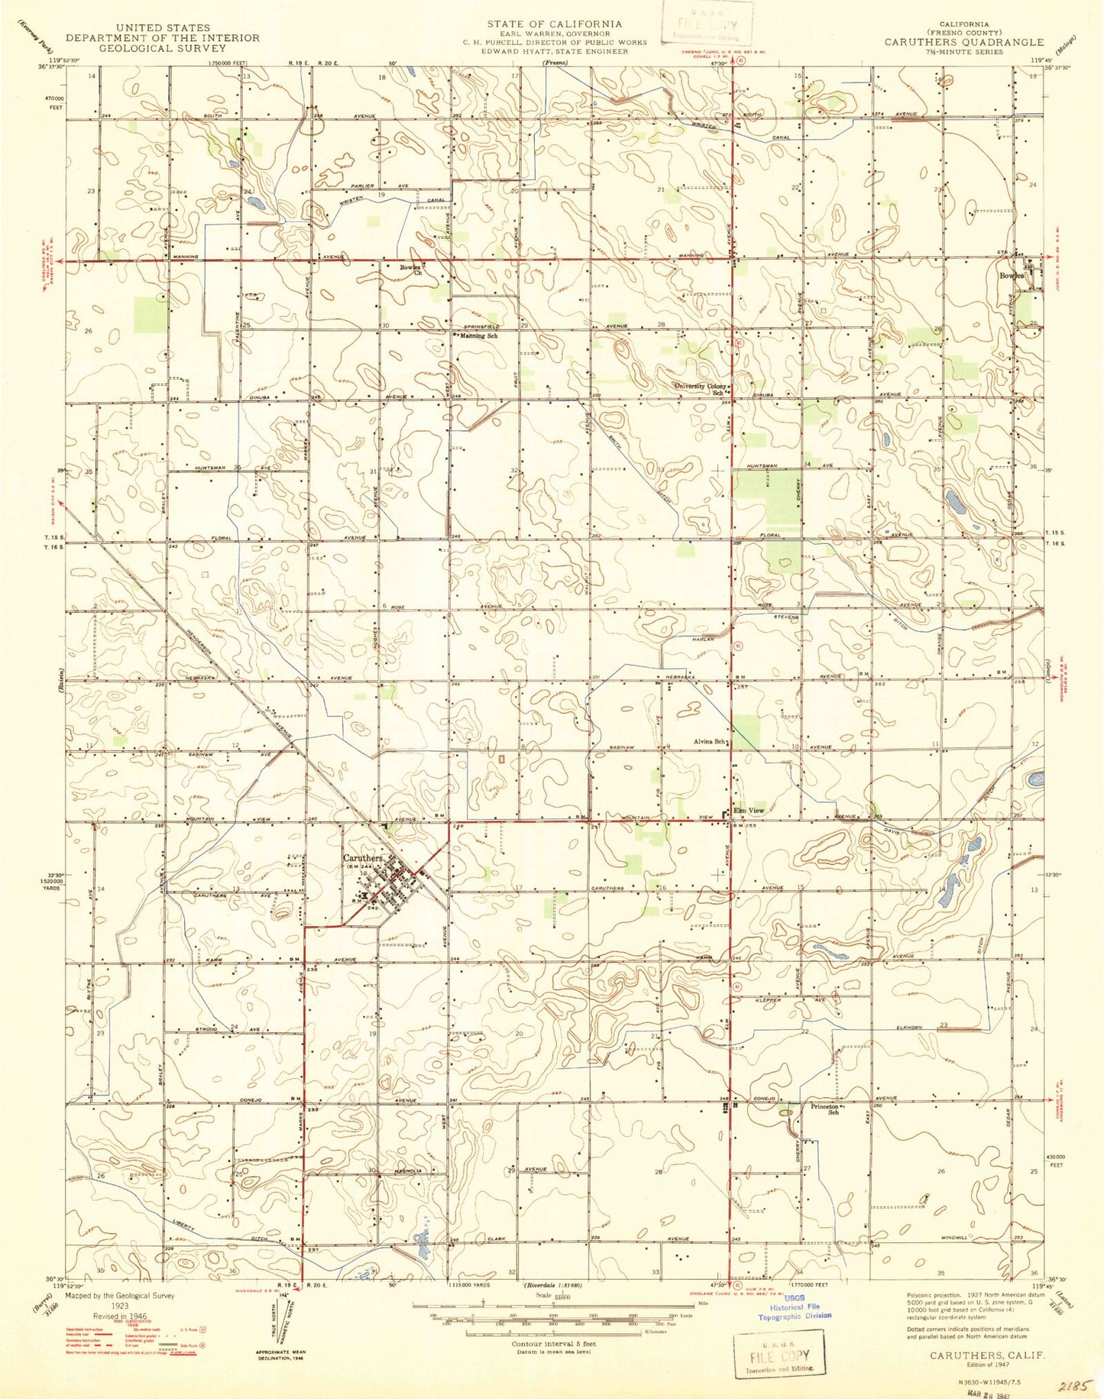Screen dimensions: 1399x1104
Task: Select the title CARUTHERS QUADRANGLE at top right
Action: pos(963,42)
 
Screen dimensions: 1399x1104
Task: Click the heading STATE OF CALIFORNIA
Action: pos(555,24)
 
